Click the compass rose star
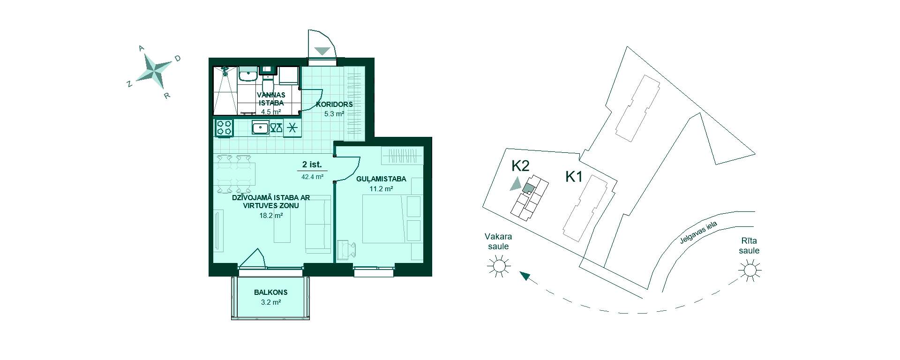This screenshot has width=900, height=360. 154,71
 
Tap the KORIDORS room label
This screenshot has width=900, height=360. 334,105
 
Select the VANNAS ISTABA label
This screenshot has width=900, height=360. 271,99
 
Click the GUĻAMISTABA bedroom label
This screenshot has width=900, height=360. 381,179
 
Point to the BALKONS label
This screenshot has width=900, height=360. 271,292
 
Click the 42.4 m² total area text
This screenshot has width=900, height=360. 312,177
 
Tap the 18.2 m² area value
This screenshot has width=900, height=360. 271,216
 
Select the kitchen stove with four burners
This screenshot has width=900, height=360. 224,127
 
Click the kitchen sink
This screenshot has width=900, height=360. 260,127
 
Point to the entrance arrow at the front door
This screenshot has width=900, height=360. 322,51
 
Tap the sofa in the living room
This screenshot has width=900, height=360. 318,225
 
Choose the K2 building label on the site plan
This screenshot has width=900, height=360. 520,165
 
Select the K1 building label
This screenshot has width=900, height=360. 574,177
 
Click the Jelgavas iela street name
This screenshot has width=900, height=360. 698,233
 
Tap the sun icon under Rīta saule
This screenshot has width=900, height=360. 750,270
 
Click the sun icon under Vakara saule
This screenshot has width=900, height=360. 499,267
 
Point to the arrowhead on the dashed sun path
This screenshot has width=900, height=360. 525,277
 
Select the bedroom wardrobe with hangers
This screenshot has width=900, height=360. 402,156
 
